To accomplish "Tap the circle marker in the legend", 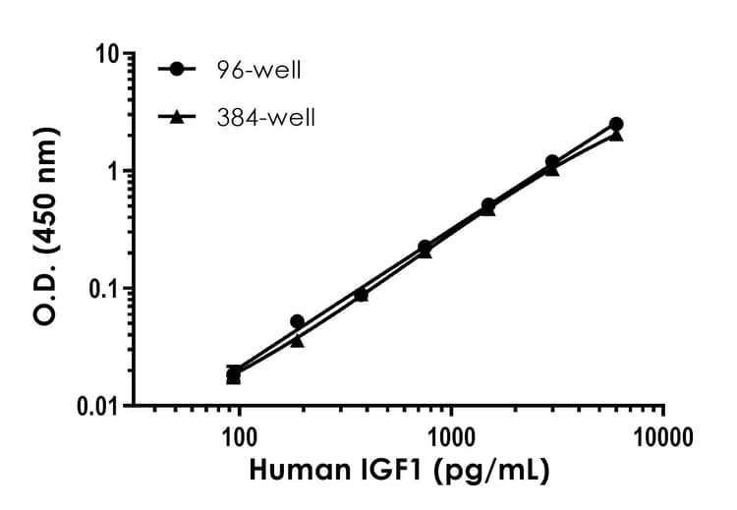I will coord(178,70).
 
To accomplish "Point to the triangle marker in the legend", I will coord(178,117).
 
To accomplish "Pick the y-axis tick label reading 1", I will coord(113,171).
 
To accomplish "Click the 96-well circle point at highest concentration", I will coord(616,124).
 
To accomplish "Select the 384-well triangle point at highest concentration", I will coord(616,135).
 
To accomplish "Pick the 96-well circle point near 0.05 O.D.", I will coord(297,321).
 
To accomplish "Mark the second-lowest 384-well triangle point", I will coord(297,341).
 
